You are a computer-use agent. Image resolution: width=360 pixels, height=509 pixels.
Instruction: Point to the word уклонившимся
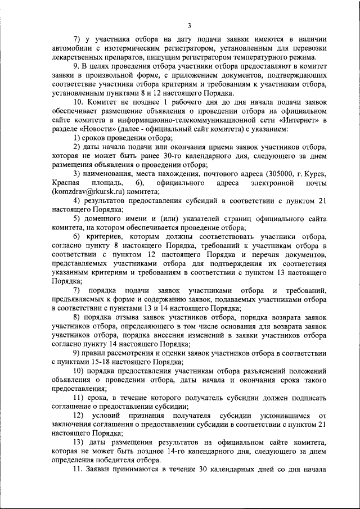(x=278, y=415)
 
